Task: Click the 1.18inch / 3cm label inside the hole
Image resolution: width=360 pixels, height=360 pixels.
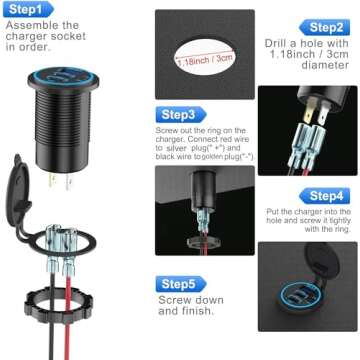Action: pyautogui.click(x=206, y=60)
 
